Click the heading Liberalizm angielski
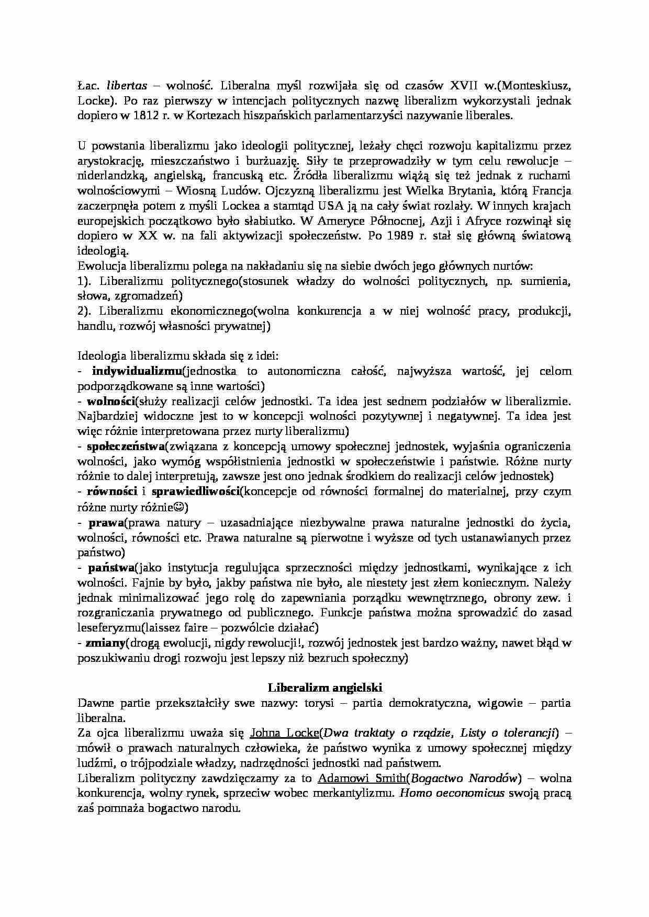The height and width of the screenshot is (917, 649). click(x=324, y=687)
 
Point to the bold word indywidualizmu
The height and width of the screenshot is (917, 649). click(x=137, y=371)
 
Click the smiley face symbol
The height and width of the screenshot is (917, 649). click(x=178, y=507)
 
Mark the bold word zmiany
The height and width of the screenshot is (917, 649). click(x=105, y=643)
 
